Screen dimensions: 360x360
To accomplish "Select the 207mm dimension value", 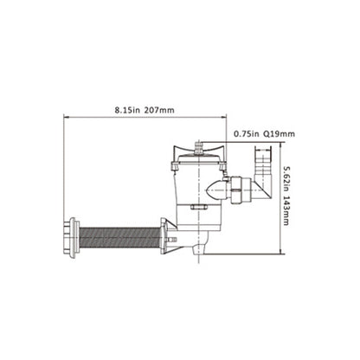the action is point(159,110).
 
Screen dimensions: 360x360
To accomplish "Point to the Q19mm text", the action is point(280,134).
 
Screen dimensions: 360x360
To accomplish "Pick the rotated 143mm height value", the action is point(286,211).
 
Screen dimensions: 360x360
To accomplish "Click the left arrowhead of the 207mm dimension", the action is point(66,117).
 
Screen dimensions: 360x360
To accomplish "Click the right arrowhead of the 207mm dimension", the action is point(224,117).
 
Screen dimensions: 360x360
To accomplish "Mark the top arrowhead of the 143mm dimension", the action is point(281,145).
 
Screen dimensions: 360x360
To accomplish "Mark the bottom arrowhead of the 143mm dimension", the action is point(281,252).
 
